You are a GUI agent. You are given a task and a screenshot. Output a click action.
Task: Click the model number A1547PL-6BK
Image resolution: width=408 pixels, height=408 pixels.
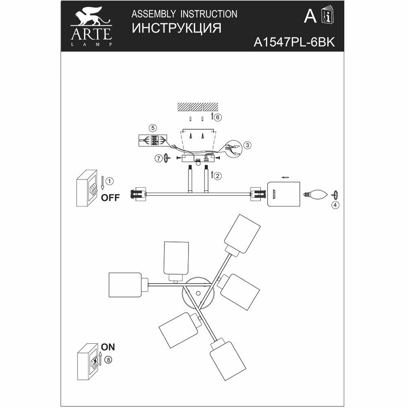[294, 43]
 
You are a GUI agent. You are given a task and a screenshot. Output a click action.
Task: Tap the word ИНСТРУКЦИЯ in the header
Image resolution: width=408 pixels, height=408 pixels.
[176, 29]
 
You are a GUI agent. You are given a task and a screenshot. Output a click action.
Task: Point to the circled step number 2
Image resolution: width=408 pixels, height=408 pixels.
[218, 176]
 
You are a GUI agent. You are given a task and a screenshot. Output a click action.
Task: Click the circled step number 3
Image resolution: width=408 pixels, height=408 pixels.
[246, 145]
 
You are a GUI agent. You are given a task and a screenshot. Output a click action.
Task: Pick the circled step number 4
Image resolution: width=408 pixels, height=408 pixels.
[335, 205]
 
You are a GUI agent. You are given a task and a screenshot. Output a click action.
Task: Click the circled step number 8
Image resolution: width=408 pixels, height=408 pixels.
[108, 360]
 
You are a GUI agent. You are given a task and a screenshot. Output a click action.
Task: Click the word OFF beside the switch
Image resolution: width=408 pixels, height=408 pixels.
[110, 198]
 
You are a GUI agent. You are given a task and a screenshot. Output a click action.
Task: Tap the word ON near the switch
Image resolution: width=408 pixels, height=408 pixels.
[108, 347]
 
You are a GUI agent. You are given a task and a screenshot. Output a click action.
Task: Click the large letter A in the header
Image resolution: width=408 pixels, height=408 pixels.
[310, 16]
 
